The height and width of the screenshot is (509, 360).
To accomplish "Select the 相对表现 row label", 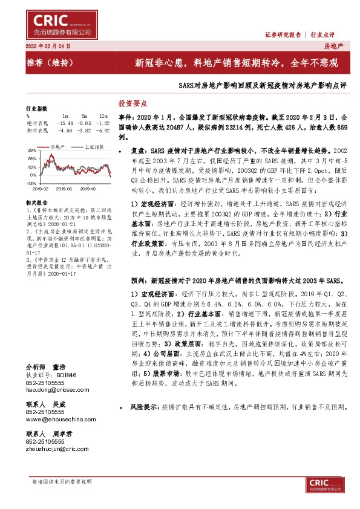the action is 36,129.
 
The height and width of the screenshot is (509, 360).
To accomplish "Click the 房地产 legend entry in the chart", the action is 59,147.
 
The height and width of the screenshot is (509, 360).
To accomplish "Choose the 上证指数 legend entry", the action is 93,147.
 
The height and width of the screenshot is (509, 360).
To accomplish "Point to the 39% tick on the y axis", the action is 32,149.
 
